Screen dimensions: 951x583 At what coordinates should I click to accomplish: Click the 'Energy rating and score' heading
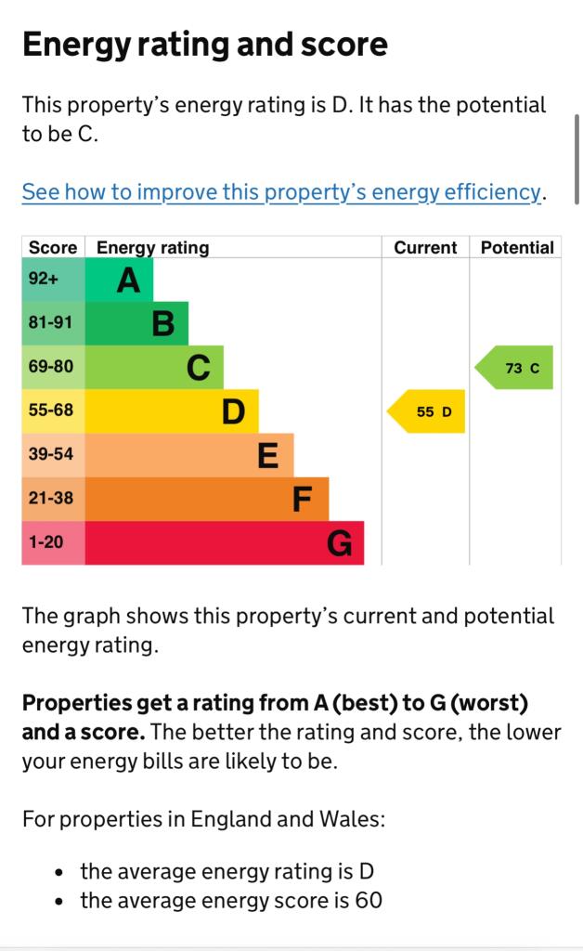point(204,45)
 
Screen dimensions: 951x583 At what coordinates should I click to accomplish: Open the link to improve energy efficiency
point(280,192)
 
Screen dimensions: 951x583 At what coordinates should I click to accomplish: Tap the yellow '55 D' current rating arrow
point(427,411)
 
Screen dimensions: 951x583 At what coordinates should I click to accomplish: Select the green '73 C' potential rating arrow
point(515,368)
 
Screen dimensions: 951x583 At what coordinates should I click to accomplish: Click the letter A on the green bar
point(129,280)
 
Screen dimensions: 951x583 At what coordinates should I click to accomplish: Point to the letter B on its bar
point(163,324)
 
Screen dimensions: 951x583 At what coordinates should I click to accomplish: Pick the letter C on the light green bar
point(199,368)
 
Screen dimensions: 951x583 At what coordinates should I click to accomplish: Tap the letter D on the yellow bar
point(233,411)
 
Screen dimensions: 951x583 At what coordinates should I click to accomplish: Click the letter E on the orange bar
point(267,455)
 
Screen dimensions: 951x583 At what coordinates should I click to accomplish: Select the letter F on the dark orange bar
point(302,500)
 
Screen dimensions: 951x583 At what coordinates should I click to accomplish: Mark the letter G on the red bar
point(340,543)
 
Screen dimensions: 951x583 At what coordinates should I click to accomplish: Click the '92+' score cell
point(44,279)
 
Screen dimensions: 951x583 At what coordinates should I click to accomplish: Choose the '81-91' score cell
point(50,323)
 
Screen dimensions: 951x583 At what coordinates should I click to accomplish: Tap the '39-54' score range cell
point(50,454)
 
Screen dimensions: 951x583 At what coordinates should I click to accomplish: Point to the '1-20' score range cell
point(45,541)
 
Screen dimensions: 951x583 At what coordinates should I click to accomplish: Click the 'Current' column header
point(425,248)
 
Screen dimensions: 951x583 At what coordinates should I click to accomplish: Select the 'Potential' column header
point(517,248)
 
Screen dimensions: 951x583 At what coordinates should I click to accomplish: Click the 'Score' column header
point(53,248)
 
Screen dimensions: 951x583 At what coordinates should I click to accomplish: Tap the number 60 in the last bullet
point(368,900)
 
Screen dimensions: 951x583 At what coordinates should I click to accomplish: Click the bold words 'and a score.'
point(84,732)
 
